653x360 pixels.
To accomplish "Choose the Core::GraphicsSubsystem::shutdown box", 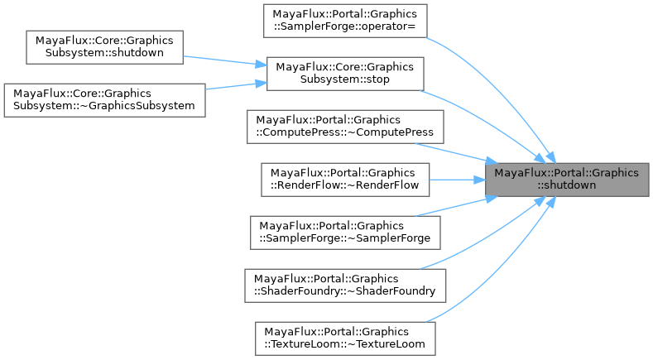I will click(x=104, y=47).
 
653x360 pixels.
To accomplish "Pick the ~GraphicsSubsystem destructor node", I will click(x=104, y=99).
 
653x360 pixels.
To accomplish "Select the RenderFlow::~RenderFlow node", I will click(x=345, y=179).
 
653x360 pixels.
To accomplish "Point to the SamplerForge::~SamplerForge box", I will click(x=345, y=232).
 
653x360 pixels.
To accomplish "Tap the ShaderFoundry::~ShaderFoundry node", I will click(x=345, y=285).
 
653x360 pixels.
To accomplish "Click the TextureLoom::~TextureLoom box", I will click(x=345, y=338).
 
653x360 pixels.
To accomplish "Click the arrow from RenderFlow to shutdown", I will click(x=455, y=179).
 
